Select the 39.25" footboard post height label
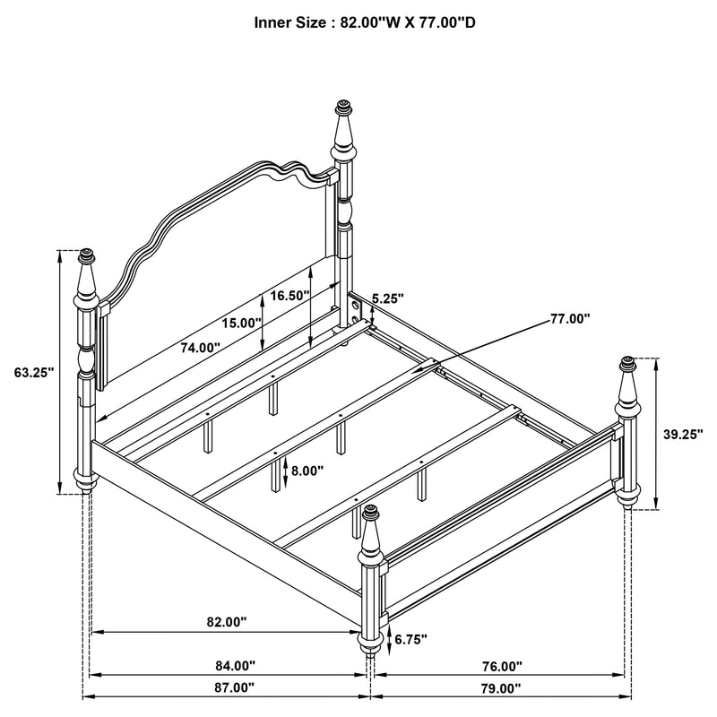click(681, 434)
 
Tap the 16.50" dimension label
click(290, 295)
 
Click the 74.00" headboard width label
click(199, 348)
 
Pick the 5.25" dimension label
click(387, 298)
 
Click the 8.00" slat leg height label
click(306, 469)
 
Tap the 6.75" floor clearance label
click(410, 639)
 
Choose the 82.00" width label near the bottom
click(224, 621)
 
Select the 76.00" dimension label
click(500, 666)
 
